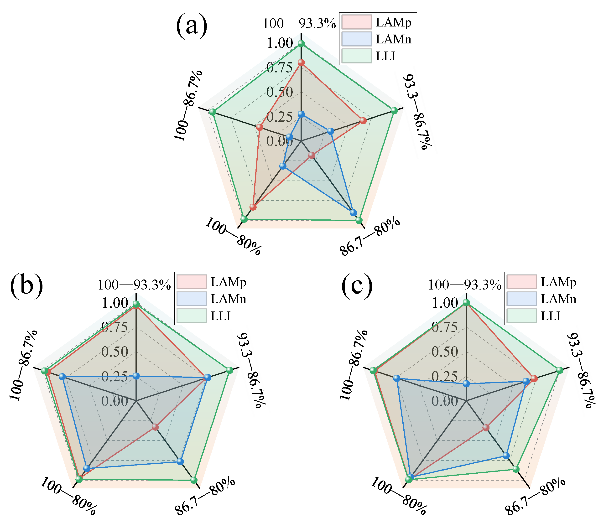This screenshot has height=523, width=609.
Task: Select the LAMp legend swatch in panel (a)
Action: point(356,22)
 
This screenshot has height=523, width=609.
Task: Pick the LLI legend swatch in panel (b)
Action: point(191,316)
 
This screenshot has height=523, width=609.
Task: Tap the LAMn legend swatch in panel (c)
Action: point(521,299)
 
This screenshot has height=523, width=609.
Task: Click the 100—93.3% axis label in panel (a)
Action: point(299,24)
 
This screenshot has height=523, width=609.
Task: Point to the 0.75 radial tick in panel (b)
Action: point(115,327)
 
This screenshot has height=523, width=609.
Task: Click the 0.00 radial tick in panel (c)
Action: point(444,401)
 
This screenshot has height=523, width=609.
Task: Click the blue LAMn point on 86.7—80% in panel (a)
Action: point(353,213)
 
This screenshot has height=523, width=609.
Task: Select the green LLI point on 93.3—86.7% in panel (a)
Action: point(394,110)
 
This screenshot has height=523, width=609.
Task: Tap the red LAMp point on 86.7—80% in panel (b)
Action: point(155,427)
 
